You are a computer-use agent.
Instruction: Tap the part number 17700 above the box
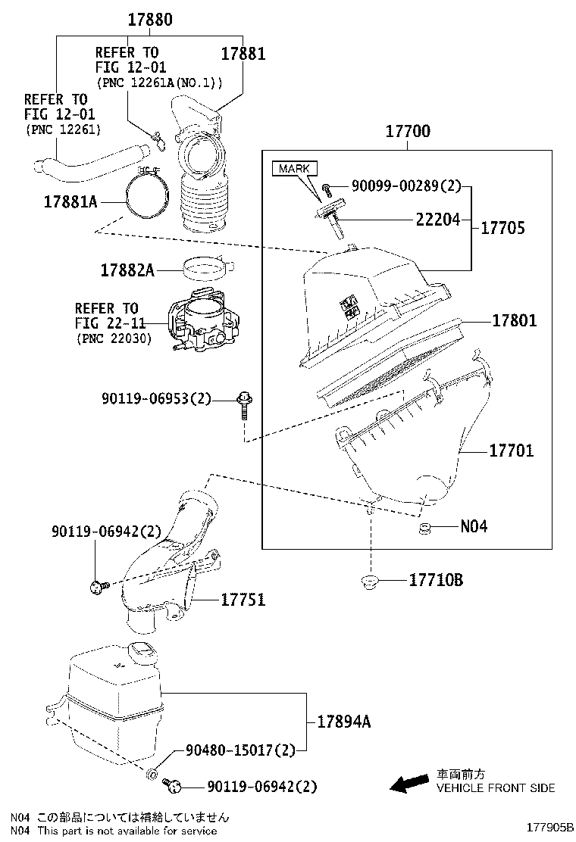[x=407, y=131]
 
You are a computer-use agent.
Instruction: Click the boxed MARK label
[x=295, y=168]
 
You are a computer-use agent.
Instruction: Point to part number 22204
[x=437, y=220]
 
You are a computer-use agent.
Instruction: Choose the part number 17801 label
[x=514, y=320]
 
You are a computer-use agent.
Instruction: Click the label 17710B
[x=436, y=581]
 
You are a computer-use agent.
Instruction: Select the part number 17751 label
[x=243, y=600]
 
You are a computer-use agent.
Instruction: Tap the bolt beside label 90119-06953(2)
[x=245, y=404]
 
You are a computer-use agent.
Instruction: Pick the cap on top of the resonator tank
[x=142, y=650]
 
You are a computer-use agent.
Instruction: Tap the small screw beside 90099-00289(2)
[x=326, y=187]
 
